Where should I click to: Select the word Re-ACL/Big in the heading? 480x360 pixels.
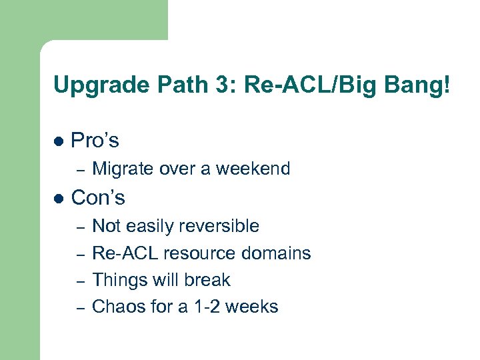281,85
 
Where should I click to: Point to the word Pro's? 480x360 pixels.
95,141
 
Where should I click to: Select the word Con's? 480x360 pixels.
98,197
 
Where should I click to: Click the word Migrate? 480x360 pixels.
121,169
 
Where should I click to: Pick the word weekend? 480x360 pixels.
256,169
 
